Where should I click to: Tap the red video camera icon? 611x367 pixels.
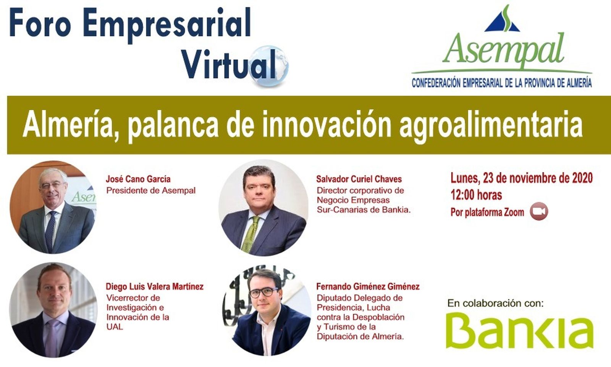click(x=539, y=211)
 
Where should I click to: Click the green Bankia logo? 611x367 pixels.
click(x=519, y=330)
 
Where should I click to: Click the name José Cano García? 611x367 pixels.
click(x=138, y=179)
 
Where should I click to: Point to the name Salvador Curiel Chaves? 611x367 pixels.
click(x=359, y=179)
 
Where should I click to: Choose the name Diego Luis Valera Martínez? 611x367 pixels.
click(x=154, y=286)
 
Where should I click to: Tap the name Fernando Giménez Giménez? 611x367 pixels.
click(x=368, y=286)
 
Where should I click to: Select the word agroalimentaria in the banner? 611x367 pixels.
click(x=491, y=125)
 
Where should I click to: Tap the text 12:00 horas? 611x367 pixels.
click(x=476, y=195)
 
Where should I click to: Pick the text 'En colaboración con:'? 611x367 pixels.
click(x=495, y=304)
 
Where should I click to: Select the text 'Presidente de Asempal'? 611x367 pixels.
click(x=151, y=190)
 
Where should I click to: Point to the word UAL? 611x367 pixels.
click(x=115, y=327)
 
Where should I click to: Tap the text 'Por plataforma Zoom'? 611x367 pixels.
click(x=487, y=212)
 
